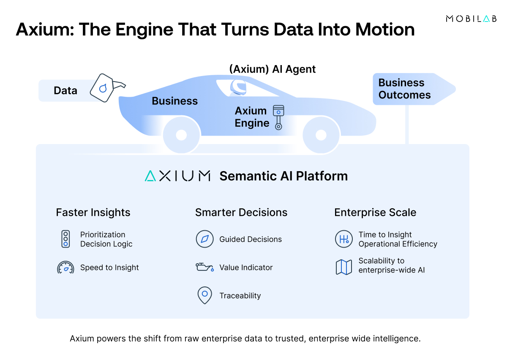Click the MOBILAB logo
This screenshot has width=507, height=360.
click(x=471, y=19)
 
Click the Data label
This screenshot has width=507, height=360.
click(x=65, y=90)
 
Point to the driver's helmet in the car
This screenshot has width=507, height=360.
click(x=238, y=87)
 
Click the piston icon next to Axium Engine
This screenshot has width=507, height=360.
click(x=278, y=117)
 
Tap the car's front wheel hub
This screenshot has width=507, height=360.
click(x=321, y=135)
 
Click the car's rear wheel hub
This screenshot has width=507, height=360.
click(x=181, y=135)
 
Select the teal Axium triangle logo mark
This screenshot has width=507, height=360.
click(x=150, y=176)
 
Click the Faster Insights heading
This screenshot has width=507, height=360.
click(x=93, y=212)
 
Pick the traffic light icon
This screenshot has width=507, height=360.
click(x=65, y=239)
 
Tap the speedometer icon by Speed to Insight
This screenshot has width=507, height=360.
click(x=65, y=268)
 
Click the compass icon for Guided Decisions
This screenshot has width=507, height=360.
click(x=204, y=239)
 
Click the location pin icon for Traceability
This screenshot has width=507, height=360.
click(x=204, y=295)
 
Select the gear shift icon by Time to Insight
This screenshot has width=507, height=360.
click(x=343, y=239)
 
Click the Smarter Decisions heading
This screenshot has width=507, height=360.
click(x=241, y=212)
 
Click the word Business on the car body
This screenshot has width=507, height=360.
click(x=174, y=101)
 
